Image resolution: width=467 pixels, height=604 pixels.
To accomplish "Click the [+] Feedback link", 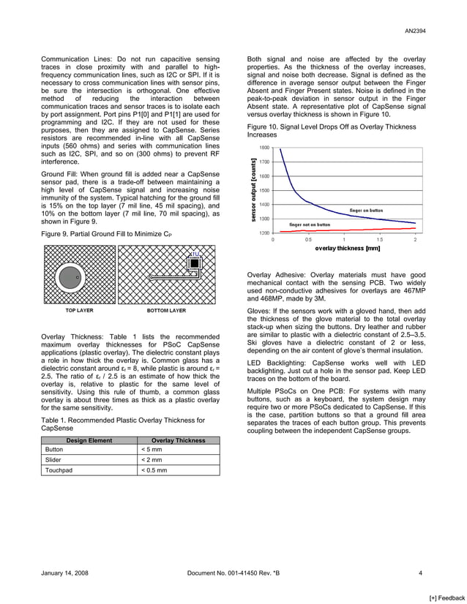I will click(x=446, y=597).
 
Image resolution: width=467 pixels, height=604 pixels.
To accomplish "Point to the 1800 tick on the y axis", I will click(x=264, y=147).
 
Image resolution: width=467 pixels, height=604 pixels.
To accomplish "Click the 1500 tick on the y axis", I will click(x=264, y=190).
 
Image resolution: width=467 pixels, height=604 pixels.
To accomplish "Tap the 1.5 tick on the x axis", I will click(x=379, y=239).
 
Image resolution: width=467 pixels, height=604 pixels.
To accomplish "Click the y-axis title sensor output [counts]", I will click(x=253, y=189).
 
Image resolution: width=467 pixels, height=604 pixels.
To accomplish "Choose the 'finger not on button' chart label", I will click(x=309, y=224).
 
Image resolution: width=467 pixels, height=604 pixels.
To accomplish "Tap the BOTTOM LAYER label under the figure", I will click(x=166, y=310).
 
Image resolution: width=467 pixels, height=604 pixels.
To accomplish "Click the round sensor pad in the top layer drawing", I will click(x=70, y=277).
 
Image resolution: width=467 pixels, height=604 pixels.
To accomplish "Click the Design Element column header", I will click(x=89, y=440).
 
